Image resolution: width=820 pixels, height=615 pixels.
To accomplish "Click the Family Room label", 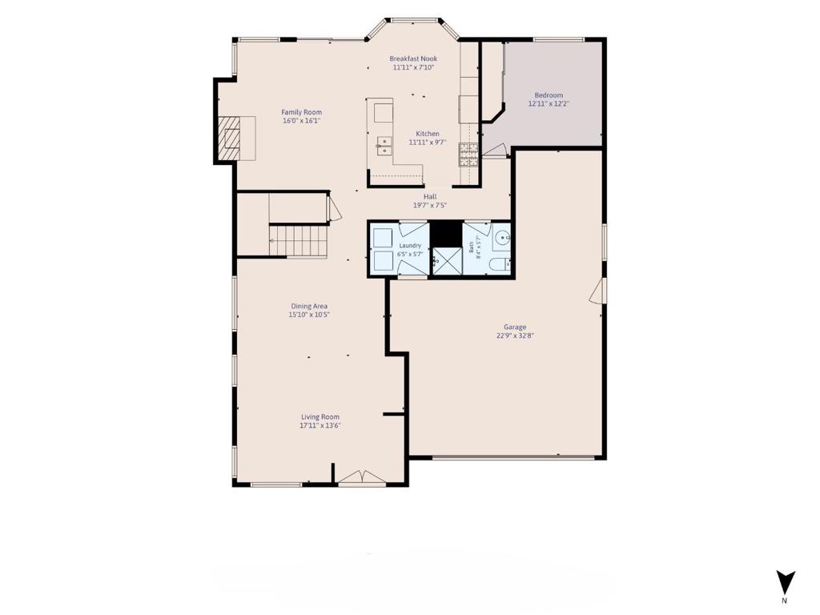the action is [302, 112].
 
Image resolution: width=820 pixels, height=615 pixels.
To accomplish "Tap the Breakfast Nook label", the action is [413, 58].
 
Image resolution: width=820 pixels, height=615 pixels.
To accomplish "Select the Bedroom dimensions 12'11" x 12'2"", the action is [549, 103].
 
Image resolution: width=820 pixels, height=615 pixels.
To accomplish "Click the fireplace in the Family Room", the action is [228, 139].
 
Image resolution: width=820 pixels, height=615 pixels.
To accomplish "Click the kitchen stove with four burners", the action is [468, 155].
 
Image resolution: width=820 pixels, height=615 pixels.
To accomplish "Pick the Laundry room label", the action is [410, 246].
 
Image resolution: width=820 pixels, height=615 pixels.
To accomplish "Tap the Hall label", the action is [430, 197].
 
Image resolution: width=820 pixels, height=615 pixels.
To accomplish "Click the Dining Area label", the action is [309, 306].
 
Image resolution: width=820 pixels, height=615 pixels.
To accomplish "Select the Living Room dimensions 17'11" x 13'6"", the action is [320, 426].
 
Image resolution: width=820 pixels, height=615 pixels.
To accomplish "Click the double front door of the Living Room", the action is [362, 477].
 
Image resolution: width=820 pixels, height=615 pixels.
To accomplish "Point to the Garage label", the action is [515, 327].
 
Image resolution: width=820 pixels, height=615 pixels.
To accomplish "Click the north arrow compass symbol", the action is [786, 584].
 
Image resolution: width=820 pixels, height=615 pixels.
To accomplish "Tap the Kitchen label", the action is [428, 134].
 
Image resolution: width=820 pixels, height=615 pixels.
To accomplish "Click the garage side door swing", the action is [597, 291].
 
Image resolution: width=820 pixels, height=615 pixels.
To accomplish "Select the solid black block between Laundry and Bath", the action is [446, 235].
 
